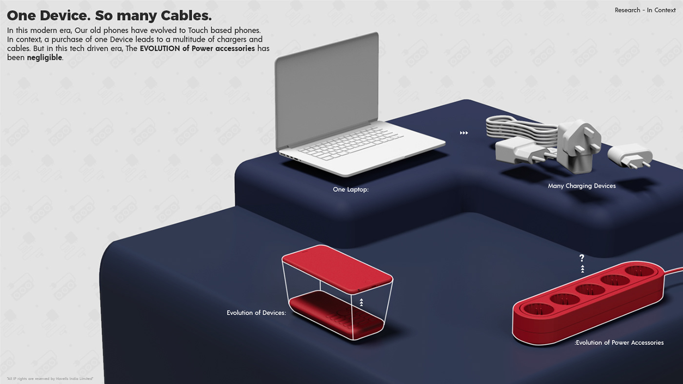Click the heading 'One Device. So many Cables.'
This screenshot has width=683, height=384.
point(109,15)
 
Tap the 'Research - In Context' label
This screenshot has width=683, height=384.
point(645,10)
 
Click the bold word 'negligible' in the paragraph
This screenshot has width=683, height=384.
point(44,58)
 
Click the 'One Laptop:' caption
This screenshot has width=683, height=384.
point(350,189)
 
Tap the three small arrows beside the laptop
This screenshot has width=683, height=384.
point(464,133)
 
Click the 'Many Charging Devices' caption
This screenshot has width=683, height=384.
point(582,186)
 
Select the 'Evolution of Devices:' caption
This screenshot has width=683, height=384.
point(256,313)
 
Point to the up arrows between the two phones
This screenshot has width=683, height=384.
point(361,303)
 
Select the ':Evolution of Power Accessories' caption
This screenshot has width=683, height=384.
point(619,343)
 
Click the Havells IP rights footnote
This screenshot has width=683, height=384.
point(50,379)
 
